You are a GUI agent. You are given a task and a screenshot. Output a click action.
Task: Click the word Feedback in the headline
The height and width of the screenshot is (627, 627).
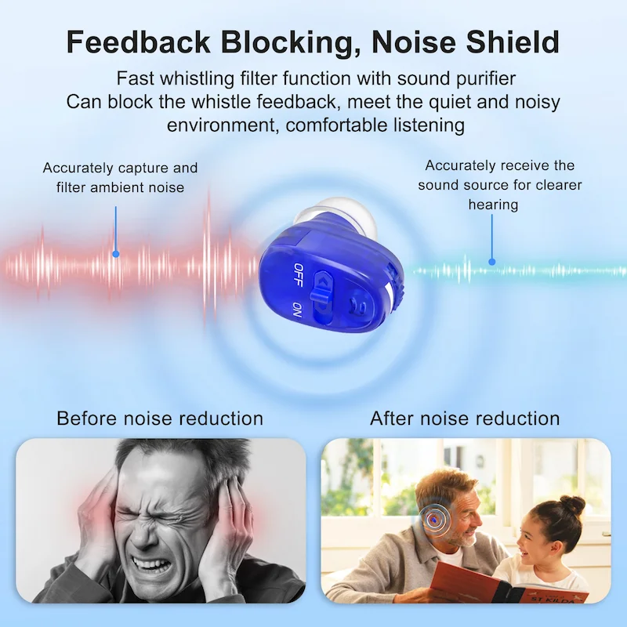[139, 42]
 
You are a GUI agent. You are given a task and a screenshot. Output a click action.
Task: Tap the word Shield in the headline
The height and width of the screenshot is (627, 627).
[513, 42]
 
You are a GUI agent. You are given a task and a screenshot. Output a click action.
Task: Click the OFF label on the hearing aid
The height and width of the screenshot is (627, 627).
[298, 274]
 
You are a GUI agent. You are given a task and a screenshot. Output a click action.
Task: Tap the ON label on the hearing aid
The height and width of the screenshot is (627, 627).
[297, 310]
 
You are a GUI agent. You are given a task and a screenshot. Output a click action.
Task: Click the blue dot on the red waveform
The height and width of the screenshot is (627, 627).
[116, 254]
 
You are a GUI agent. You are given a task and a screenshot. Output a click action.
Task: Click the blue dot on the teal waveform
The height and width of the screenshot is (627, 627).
[492, 262]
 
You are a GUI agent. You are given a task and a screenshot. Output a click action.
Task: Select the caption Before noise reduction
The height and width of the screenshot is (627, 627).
[160, 419]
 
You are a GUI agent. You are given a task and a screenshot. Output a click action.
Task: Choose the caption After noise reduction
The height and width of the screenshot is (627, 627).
[465, 419]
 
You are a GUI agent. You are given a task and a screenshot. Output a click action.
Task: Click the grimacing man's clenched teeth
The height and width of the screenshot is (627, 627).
[154, 565]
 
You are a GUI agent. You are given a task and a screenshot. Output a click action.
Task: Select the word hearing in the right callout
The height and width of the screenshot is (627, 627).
[493, 205]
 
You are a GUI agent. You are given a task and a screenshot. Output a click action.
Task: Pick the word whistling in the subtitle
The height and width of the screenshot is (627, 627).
[198, 79]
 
